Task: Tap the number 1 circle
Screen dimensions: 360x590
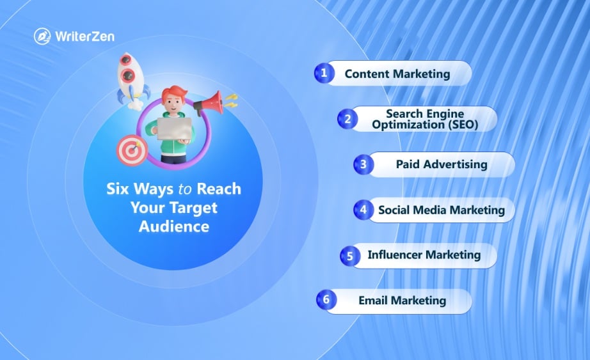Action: point(324,73)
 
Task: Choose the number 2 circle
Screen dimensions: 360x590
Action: point(347,118)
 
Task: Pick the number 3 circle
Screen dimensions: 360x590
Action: point(363,164)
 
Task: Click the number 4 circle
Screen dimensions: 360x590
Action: point(363,209)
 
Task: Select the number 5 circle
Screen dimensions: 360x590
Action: point(350,256)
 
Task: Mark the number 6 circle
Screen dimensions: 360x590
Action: point(326,300)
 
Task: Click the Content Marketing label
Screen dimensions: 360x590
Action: point(397,74)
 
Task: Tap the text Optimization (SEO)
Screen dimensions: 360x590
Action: point(424,125)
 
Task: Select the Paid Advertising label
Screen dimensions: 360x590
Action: point(442,164)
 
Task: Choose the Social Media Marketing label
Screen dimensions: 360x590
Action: point(441,210)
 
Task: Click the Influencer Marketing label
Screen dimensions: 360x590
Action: point(424,255)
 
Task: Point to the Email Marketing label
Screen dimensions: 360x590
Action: point(402,301)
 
